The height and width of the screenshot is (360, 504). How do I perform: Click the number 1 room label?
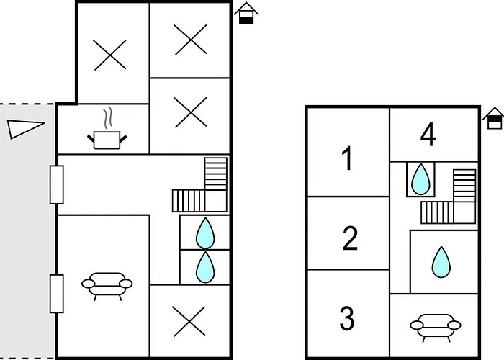click(x=348, y=158)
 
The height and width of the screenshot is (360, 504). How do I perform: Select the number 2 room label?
click(x=350, y=238)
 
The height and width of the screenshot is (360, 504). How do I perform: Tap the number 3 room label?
click(x=347, y=317)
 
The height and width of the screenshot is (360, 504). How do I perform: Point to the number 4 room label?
click(x=428, y=135)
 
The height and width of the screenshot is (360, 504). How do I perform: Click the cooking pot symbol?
click(x=107, y=132)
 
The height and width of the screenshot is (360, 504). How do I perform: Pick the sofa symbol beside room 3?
click(x=433, y=325)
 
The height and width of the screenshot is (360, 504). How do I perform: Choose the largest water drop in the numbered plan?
click(x=440, y=262)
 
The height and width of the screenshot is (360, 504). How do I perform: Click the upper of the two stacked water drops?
click(x=206, y=233)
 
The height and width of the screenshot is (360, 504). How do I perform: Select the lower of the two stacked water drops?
click(x=206, y=267)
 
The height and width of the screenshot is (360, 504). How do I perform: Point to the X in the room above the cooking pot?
click(x=111, y=54)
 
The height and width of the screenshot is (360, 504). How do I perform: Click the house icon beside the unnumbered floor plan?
click(x=247, y=13)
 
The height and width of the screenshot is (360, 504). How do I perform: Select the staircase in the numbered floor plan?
click(x=451, y=198)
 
